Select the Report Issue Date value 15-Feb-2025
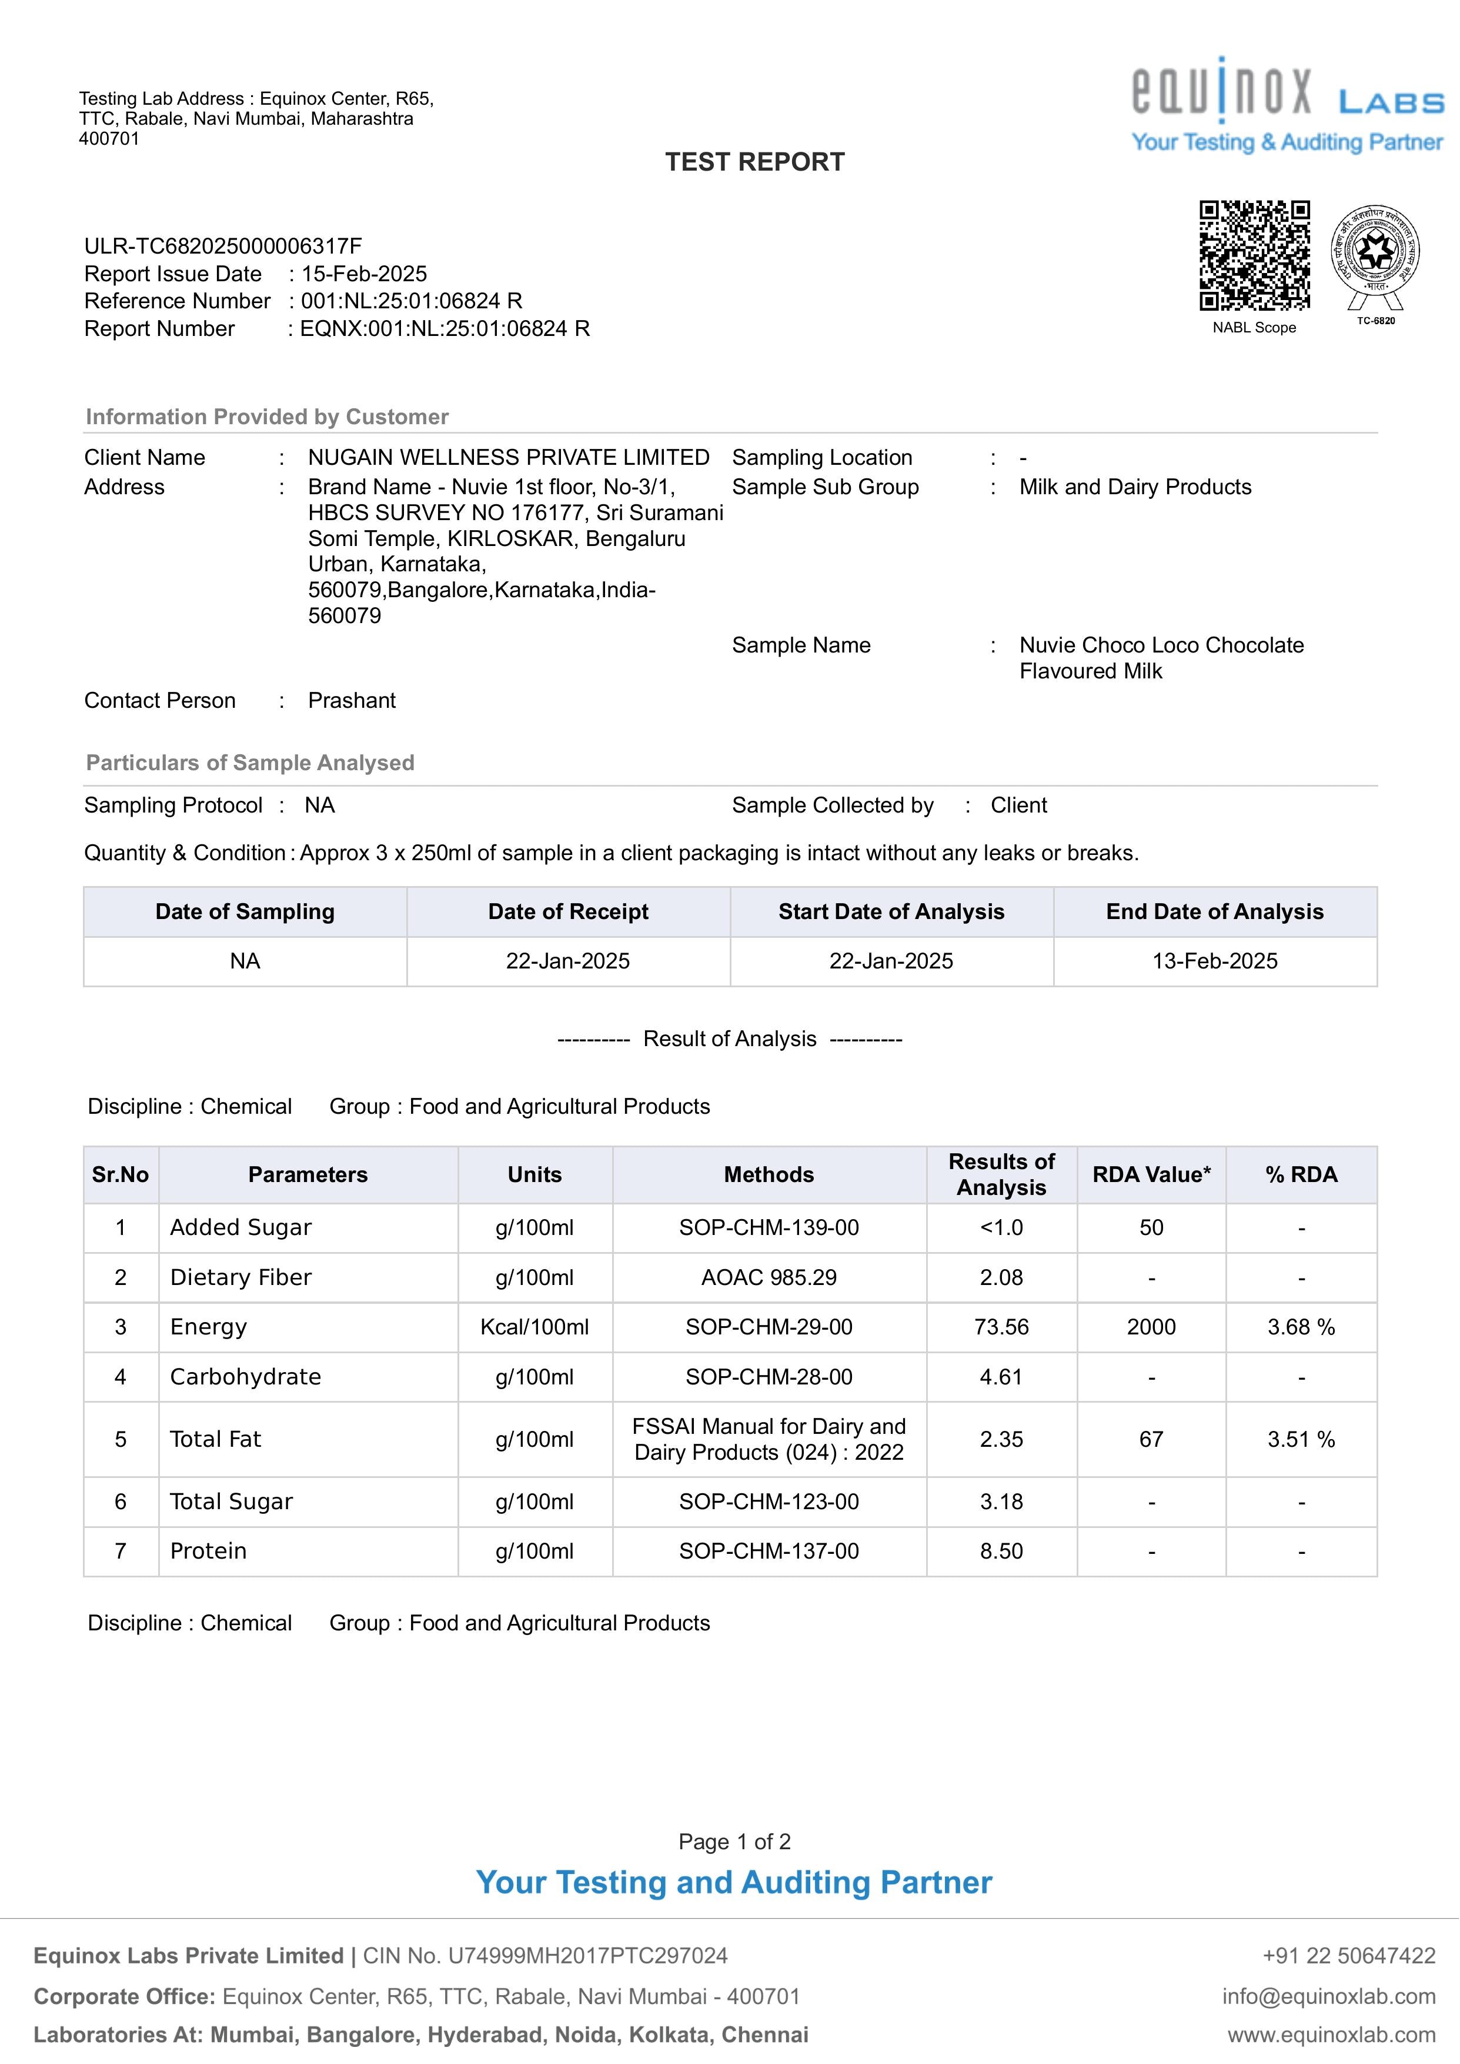click(364, 274)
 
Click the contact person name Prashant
click(352, 701)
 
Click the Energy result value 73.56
click(1001, 1327)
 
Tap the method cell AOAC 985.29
click(769, 1277)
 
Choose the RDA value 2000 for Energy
click(1151, 1327)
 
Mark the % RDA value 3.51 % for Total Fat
click(1301, 1439)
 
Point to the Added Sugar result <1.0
click(1001, 1227)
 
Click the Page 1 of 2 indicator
click(734, 1841)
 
